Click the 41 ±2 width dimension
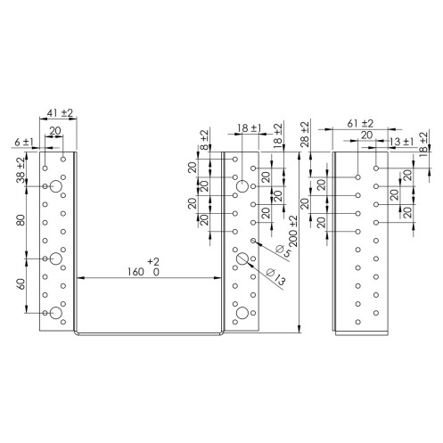coord(60,113)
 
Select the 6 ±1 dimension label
coord(24,142)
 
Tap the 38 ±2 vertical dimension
coord(21,169)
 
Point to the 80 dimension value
coord(21,220)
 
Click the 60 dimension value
coord(21,284)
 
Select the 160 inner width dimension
coord(135,272)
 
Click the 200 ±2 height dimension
coord(293,230)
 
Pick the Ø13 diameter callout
coord(276,276)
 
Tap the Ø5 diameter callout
coord(283,251)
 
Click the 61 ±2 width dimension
coord(360,123)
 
